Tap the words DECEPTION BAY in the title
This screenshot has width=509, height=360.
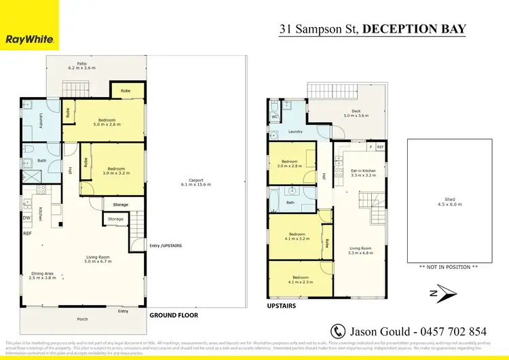(x=414, y=29)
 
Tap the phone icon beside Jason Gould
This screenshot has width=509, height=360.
(x=338, y=331)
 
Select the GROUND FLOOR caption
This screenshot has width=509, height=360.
(x=173, y=315)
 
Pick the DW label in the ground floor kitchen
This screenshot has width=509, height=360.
(x=26, y=217)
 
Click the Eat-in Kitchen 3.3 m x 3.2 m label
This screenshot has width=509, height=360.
(x=363, y=173)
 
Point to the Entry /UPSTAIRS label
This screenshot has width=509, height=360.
(x=165, y=245)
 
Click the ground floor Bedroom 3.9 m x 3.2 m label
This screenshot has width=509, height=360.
(x=114, y=170)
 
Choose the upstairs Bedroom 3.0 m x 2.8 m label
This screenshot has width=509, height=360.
(x=291, y=164)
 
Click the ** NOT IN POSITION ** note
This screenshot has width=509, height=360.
(x=449, y=267)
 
